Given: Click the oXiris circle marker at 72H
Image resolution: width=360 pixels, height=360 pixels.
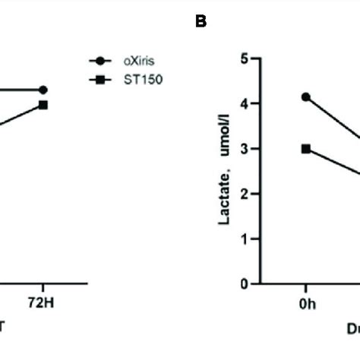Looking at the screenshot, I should coord(43,90).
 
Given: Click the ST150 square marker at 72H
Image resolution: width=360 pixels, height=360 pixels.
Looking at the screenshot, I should coord(43,105).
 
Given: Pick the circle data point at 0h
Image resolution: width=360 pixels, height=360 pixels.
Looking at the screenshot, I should coord(306,96).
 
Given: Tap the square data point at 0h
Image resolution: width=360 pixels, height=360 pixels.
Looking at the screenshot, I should coord(306,149).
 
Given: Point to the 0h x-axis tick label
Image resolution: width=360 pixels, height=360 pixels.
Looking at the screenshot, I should coord(306,305).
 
